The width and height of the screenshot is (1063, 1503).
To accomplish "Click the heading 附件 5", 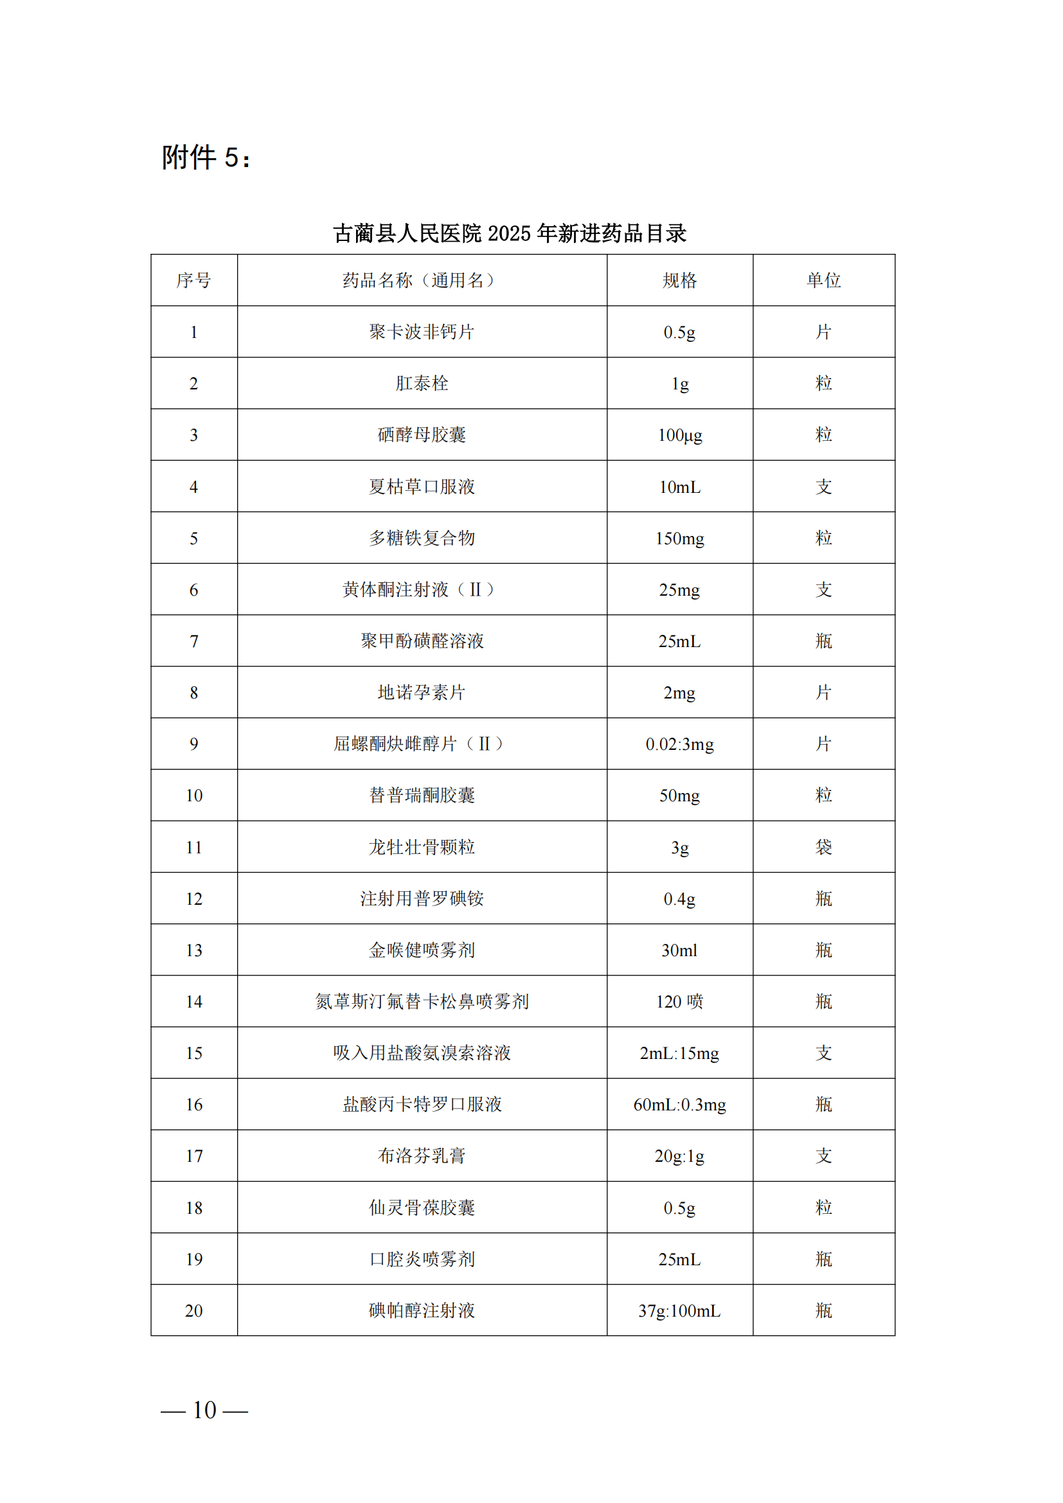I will point(206,157).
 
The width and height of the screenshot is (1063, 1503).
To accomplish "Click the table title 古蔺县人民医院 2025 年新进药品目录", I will point(509,233).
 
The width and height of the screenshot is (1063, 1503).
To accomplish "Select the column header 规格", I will point(679,280).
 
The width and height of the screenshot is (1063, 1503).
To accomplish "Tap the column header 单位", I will point(823,280).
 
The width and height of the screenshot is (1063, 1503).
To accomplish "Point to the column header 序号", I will point(193,280).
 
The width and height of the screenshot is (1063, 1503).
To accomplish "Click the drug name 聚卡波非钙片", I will point(422,332).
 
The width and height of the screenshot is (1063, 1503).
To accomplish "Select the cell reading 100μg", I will point(679,435).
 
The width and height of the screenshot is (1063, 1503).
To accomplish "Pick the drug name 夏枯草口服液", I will point(422,486).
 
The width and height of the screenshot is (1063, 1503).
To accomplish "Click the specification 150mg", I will point(679,538).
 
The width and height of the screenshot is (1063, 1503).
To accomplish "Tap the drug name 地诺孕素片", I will point(422,693).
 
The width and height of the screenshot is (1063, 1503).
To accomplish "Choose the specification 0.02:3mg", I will point(679,744).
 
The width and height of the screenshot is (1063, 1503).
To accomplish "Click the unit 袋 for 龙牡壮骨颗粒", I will point(823,847).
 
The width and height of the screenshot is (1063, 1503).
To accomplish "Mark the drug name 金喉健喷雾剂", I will point(422,950).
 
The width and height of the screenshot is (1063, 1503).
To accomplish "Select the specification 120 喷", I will point(679,1002).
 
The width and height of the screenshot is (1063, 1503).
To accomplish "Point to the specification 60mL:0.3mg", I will point(679,1105).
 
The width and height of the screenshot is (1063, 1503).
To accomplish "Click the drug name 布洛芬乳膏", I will point(422,1156).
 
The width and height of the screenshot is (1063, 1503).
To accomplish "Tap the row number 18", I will point(193,1208).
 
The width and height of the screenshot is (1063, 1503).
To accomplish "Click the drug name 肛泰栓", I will point(422,384).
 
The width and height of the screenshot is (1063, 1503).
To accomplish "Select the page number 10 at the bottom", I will point(204,1410).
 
